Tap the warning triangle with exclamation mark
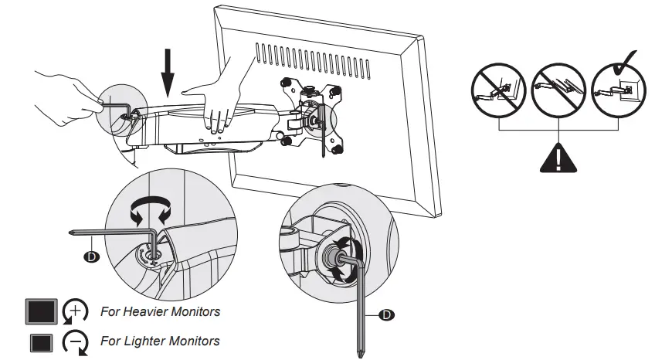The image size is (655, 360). tap(558, 158)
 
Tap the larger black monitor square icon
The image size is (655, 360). tap(41, 313)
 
